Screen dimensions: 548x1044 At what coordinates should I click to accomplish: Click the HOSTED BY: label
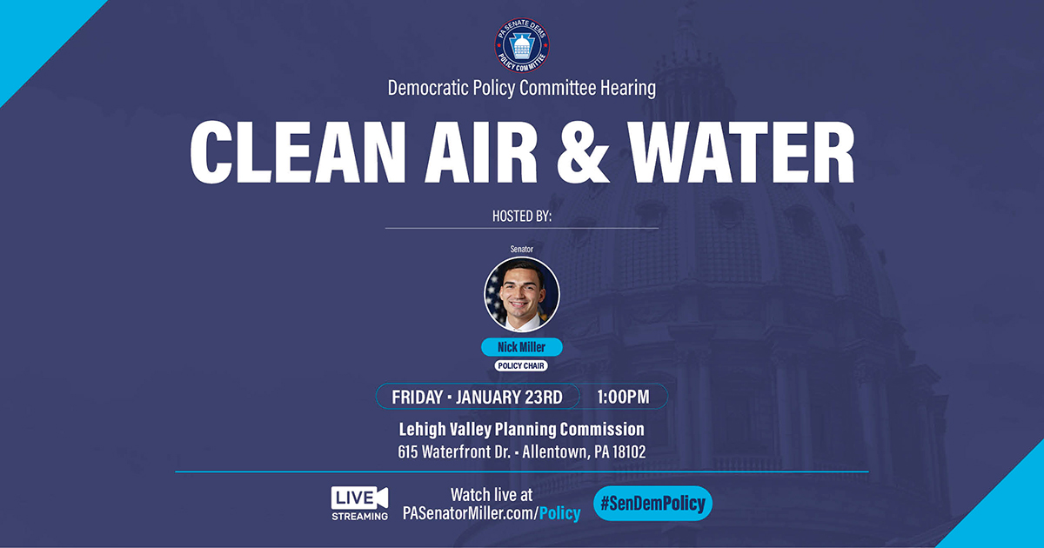pyautogui.click(x=521, y=216)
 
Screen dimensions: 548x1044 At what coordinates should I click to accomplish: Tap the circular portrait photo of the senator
pyautogui.click(x=522, y=294)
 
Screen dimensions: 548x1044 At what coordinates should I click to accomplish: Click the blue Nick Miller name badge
pyautogui.click(x=522, y=347)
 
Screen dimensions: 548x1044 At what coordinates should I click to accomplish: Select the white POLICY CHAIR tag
pyautogui.click(x=522, y=366)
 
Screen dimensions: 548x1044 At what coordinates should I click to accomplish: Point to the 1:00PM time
pyautogui.click(x=623, y=397)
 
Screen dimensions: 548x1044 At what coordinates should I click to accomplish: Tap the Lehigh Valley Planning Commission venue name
pyautogui.click(x=522, y=430)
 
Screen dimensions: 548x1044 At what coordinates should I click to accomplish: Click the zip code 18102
pyautogui.click(x=626, y=452)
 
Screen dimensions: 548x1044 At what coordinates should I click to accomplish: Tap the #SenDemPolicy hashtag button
pyautogui.click(x=652, y=503)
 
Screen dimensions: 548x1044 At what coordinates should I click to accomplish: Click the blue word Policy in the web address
pyautogui.click(x=559, y=513)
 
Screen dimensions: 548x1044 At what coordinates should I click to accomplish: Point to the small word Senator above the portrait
pyautogui.click(x=522, y=250)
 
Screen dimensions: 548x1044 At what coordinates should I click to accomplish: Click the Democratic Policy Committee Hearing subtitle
pyautogui.click(x=522, y=88)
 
